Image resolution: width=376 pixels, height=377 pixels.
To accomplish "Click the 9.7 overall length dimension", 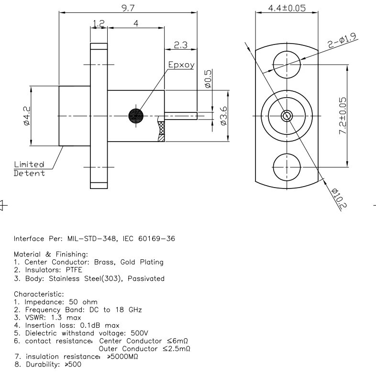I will (x=128, y=7).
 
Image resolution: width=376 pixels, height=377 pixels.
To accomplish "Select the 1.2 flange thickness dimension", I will (x=99, y=22).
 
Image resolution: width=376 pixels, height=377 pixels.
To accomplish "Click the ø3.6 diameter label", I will (x=223, y=116).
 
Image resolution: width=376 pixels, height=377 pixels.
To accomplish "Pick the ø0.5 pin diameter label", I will (x=208, y=78).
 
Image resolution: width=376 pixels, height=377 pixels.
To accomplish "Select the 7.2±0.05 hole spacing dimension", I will (x=343, y=116).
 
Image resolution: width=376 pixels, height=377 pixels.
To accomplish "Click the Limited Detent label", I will (x=29, y=168).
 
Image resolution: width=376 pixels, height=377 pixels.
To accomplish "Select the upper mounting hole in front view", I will (x=287, y=63).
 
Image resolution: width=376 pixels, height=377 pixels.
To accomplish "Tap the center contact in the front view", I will (x=287, y=115).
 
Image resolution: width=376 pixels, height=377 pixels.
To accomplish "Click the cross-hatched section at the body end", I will (x=161, y=132).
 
